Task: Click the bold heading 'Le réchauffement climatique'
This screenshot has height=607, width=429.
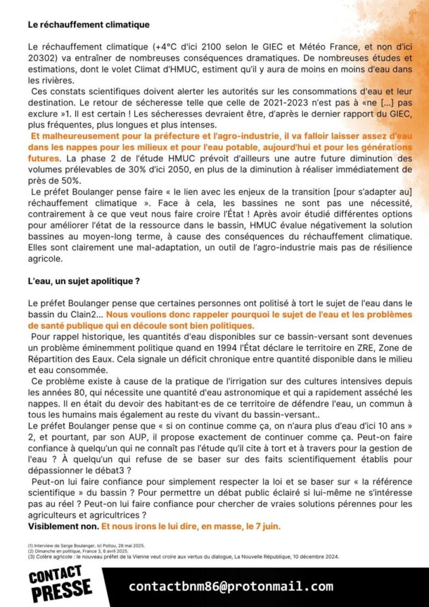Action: click(x=88, y=25)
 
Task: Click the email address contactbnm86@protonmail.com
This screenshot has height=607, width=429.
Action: click(x=230, y=587)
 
